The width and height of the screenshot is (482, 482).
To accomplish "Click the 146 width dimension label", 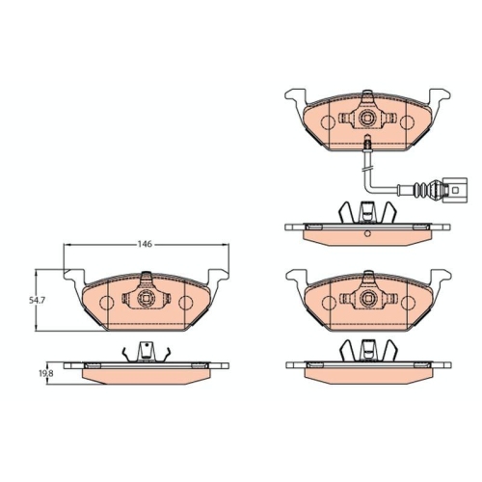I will coord(146,245).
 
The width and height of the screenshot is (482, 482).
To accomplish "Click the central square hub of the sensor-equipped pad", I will coord(367,120).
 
